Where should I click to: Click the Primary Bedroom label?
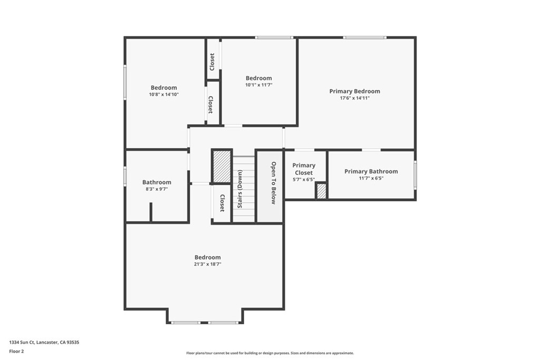(355, 91)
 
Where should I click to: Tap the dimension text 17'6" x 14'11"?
(355, 98)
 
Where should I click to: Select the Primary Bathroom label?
(371, 171)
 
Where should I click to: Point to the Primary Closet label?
(304, 169)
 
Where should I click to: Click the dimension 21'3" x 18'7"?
(207, 264)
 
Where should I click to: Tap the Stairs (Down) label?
(240, 189)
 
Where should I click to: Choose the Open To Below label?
(274, 183)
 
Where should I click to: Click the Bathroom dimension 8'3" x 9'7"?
(157, 189)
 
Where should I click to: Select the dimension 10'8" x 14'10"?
(164, 94)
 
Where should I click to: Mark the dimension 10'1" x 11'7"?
(258, 85)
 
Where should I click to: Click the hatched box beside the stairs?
(221, 166)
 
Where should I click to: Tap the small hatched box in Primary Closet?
(321, 191)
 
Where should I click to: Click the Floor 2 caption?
(16, 352)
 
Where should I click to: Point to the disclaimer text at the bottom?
(270, 353)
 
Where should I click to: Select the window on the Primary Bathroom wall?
(416, 175)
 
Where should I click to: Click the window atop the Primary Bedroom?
(365, 37)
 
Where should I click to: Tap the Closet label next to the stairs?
(222, 203)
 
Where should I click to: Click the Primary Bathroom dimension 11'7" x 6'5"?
(371, 178)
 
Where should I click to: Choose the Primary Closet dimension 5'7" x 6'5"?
(304, 179)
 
